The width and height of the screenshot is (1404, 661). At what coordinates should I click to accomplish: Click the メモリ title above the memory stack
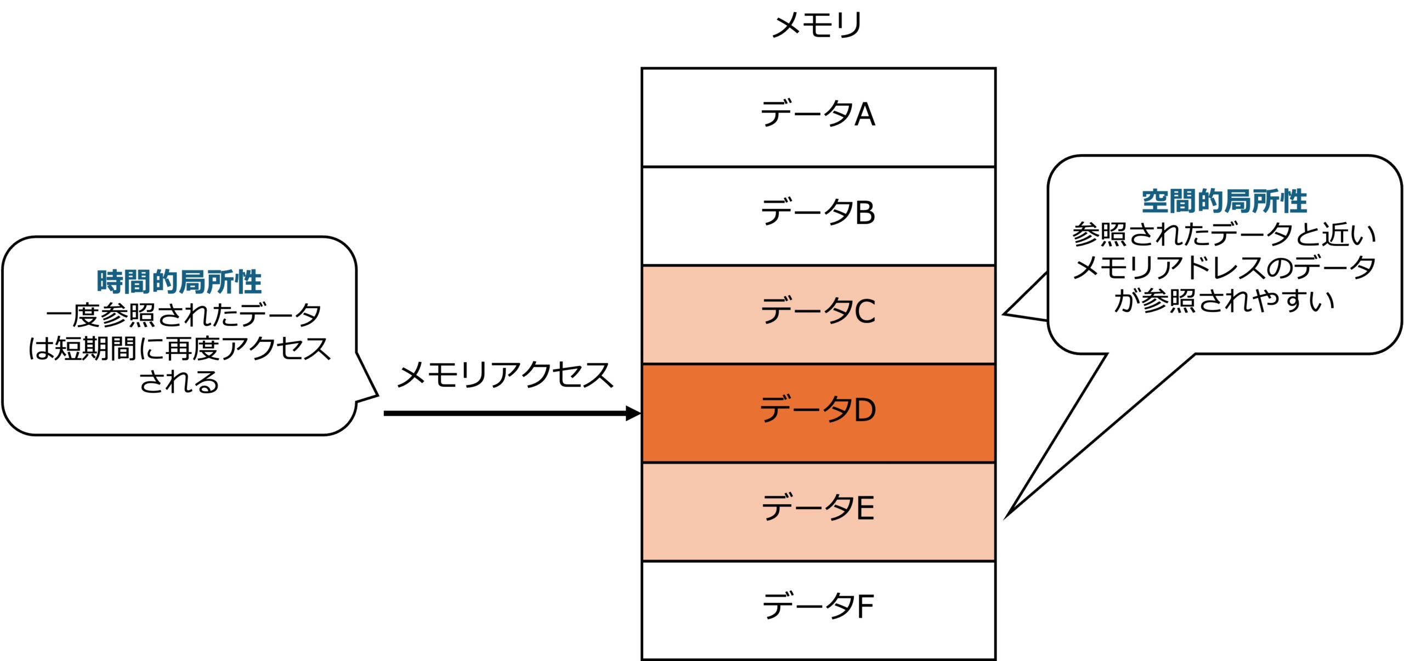(817, 25)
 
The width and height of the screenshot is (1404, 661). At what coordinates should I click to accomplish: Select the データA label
(818, 114)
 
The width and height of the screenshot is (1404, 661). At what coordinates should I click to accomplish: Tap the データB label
(818, 212)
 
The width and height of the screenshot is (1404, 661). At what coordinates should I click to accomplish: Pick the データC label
(818, 311)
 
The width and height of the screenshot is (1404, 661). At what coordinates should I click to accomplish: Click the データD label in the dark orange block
(818, 409)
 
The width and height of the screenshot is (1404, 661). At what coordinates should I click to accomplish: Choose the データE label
(818, 508)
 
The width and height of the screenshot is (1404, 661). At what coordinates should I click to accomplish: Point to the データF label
(818, 606)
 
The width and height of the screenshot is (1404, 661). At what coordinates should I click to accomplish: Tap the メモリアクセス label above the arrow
(505, 376)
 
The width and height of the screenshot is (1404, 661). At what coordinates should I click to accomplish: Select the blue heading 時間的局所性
(179, 282)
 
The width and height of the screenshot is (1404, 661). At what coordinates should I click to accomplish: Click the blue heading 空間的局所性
(1225, 201)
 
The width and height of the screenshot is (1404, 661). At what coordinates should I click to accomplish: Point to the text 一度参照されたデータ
(184, 315)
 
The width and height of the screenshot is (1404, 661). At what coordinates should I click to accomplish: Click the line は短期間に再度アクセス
(179, 349)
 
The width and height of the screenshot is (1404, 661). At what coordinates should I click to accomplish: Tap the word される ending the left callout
(179, 382)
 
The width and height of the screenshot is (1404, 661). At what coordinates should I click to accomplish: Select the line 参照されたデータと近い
(1225, 235)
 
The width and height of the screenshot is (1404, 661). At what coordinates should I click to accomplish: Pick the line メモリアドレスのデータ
(1225, 268)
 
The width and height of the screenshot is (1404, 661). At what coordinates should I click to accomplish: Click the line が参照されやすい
(1225, 301)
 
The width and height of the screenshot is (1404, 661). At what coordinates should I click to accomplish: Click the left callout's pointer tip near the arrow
(377, 395)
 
